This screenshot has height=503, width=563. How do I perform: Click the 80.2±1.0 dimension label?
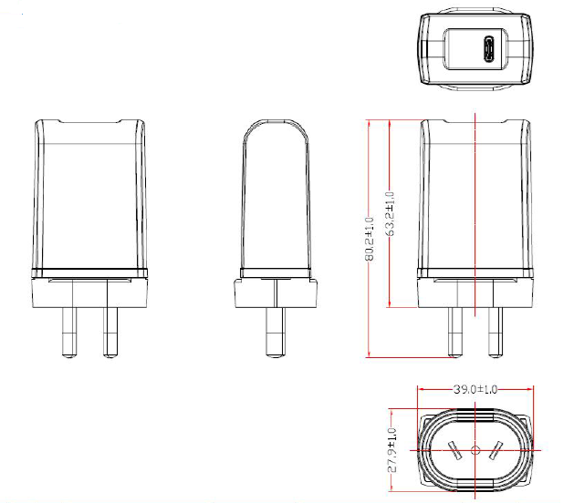click(x=370, y=239)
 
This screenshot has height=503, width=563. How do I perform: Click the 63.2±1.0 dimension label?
click(x=390, y=213)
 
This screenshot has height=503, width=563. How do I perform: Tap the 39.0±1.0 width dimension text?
click(x=475, y=389)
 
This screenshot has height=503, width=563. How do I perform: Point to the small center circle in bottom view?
click(x=475, y=450)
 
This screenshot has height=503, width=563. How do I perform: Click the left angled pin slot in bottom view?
click(x=454, y=451)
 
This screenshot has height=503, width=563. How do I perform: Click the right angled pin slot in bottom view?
click(x=495, y=451)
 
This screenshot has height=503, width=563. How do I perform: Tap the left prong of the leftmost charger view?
click(x=69, y=333)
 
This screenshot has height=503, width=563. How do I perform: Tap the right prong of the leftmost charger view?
click(x=110, y=333)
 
